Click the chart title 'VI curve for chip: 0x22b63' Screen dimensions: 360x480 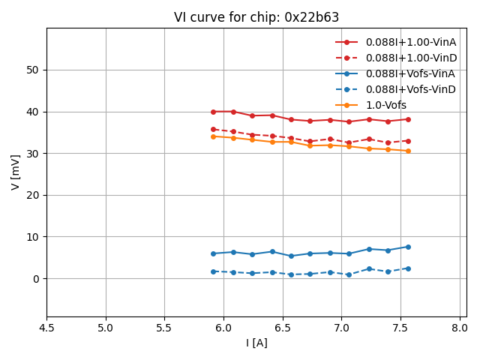(256, 17)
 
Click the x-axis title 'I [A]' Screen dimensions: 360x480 (256, 343)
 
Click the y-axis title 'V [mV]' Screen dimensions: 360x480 (16, 172)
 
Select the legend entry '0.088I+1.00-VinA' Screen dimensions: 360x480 (411, 42)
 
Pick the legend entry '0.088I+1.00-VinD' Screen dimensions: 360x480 (411, 58)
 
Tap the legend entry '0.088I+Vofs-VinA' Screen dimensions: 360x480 (411, 73)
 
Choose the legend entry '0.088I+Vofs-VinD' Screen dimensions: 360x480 (411, 89)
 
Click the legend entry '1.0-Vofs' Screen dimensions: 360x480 (386, 105)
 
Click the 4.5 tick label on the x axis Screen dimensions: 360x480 (46, 328)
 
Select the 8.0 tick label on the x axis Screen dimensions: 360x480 (460, 328)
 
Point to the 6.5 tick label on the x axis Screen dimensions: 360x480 (283, 328)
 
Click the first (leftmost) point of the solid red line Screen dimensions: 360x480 (213, 112)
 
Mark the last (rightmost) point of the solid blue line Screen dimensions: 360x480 (408, 247)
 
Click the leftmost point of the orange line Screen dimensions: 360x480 (213, 136)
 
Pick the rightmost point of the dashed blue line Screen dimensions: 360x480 (408, 268)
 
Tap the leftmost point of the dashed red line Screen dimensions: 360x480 (213, 129)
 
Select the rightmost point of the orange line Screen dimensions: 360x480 (408, 151)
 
